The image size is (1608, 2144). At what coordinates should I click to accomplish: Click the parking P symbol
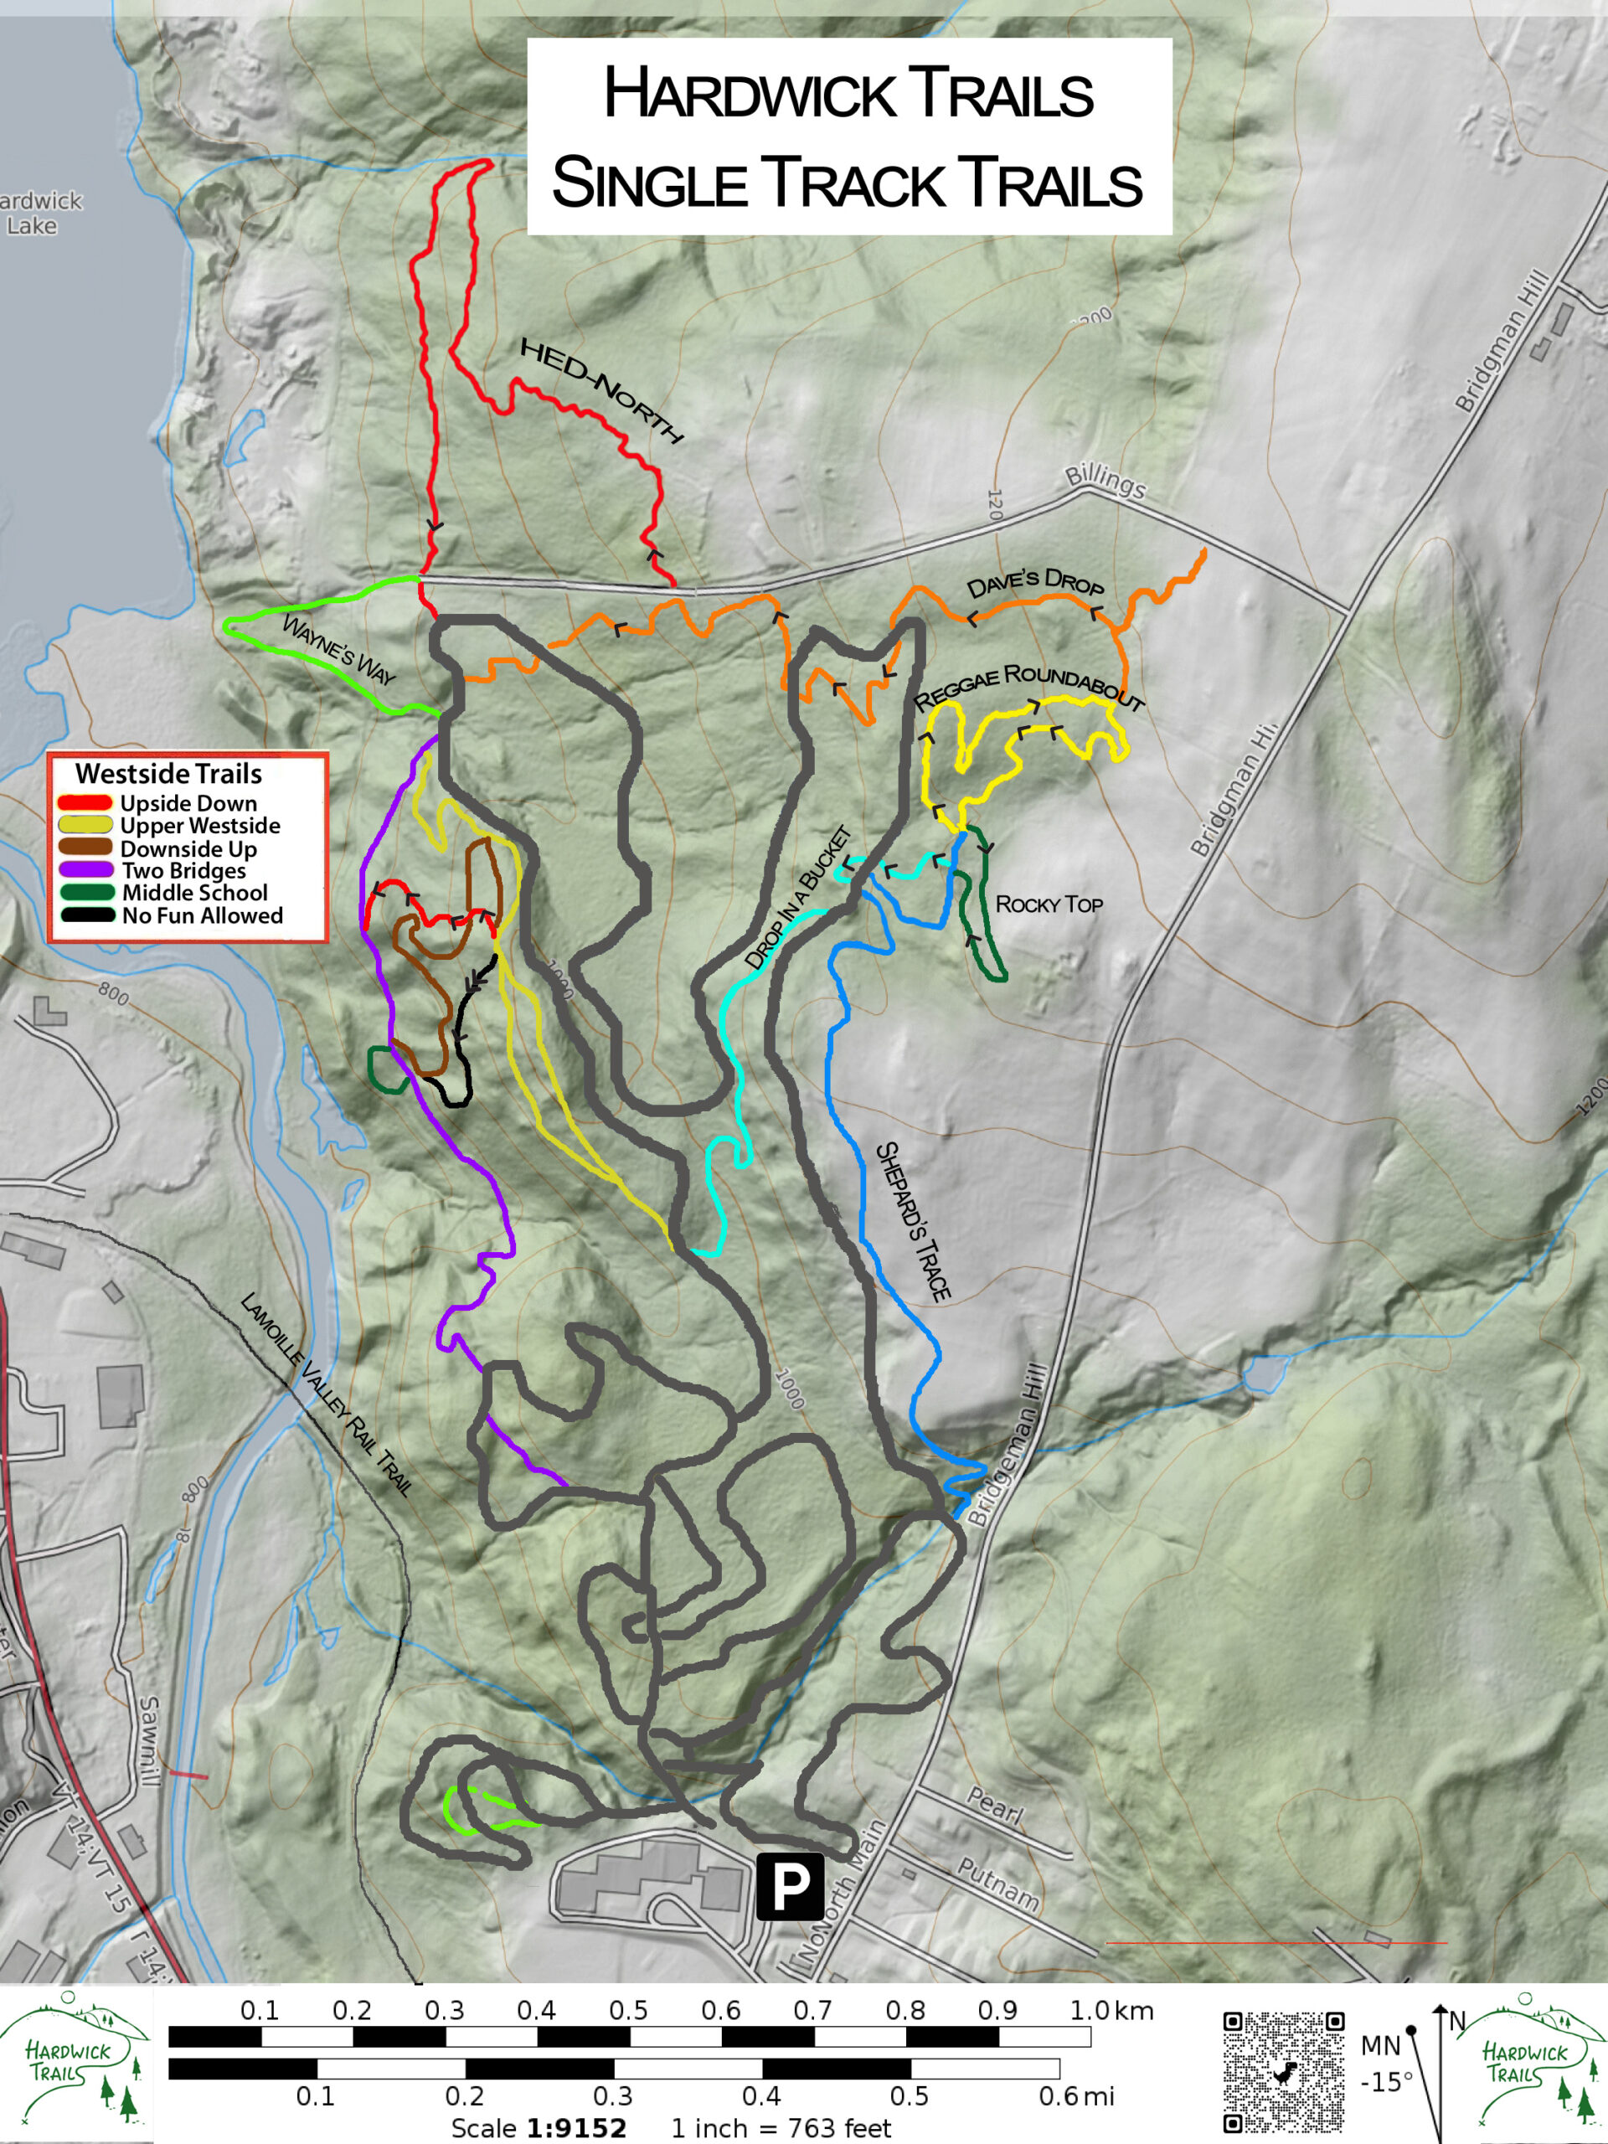[x=790, y=1886]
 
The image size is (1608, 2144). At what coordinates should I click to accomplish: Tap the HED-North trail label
[x=601, y=389]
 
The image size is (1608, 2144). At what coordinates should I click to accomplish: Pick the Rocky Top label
[x=1049, y=904]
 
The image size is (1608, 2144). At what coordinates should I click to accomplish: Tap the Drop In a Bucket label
[x=799, y=897]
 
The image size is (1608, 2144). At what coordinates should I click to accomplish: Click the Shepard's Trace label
[x=913, y=1220]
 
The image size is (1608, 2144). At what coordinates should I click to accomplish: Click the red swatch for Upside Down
[x=85, y=803]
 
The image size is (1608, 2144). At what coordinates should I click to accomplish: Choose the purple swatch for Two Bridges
[x=85, y=870]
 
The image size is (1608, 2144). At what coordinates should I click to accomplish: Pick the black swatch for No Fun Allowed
[x=85, y=916]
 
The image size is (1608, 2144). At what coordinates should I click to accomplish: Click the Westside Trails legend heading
[x=168, y=774]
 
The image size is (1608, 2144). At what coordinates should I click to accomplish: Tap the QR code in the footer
[x=1283, y=2072]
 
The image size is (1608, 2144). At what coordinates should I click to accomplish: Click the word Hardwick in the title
[x=746, y=94]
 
